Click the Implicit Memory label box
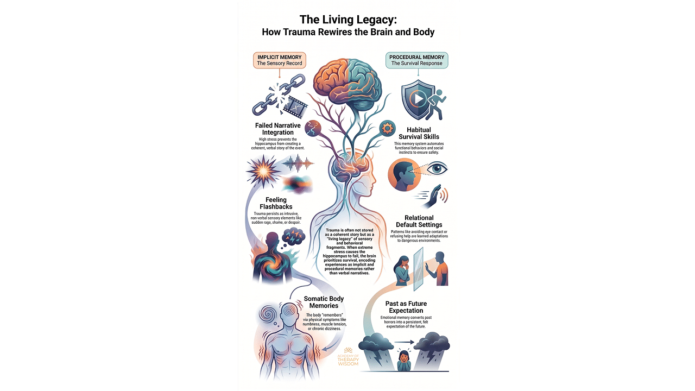click(280, 60)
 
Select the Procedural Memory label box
click(417, 60)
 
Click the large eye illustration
click(436, 169)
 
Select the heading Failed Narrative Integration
click(278, 129)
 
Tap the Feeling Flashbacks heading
click(280, 204)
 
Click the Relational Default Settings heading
click(419, 221)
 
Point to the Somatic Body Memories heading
click(324, 302)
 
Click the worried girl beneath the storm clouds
click(405, 360)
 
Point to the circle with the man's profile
click(404, 175)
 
